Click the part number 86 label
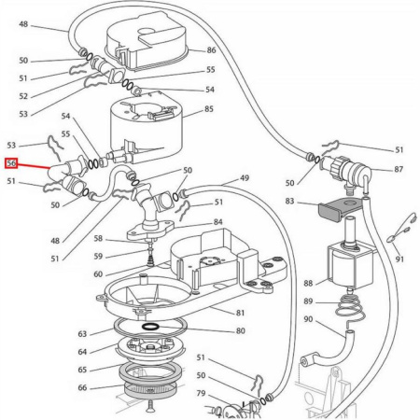(x=211, y=49)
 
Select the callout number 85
(x=209, y=109)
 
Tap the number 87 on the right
(x=399, y=169)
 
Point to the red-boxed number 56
(x=12, y=163)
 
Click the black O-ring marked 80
(x=148, y=329)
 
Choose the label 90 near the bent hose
(x=308, y=321)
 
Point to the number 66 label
(x=82, y=388)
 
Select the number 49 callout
(x=245, y=178)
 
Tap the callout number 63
(x=82, y=333)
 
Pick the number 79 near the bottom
(x=201, y=393)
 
